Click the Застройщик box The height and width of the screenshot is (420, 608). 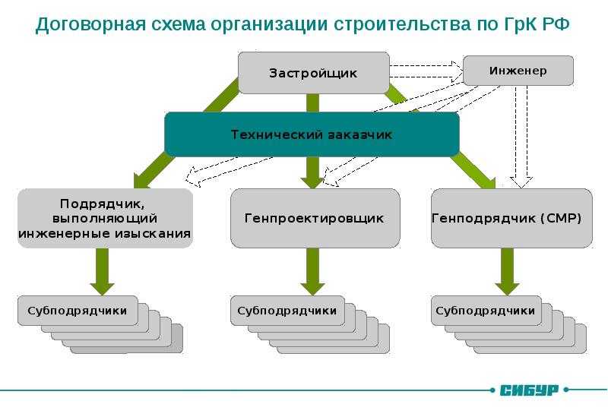[313, 73]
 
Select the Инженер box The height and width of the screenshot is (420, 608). [518, 71]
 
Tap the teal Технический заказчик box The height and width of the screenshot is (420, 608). [312, 134]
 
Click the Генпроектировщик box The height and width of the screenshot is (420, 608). [315, 218]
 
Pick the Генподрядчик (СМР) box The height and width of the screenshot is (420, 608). [511, 218]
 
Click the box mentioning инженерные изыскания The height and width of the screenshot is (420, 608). [105, 218]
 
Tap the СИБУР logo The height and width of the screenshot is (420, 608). [529, 390]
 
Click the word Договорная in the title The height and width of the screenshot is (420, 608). [90, 24]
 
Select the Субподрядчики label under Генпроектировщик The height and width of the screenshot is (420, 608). [287, 311]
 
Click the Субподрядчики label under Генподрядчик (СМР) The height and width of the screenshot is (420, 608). [485, 311]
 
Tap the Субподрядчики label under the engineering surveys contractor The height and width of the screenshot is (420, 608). [78, 311]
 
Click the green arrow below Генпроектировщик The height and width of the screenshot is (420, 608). [312, 272]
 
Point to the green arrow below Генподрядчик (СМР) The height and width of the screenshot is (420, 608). [507, 272]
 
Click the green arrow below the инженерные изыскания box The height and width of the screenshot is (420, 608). [102, 272]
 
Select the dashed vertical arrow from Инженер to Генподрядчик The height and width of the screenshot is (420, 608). [521, 137]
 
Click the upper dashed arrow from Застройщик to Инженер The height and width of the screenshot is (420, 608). [426, 66]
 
